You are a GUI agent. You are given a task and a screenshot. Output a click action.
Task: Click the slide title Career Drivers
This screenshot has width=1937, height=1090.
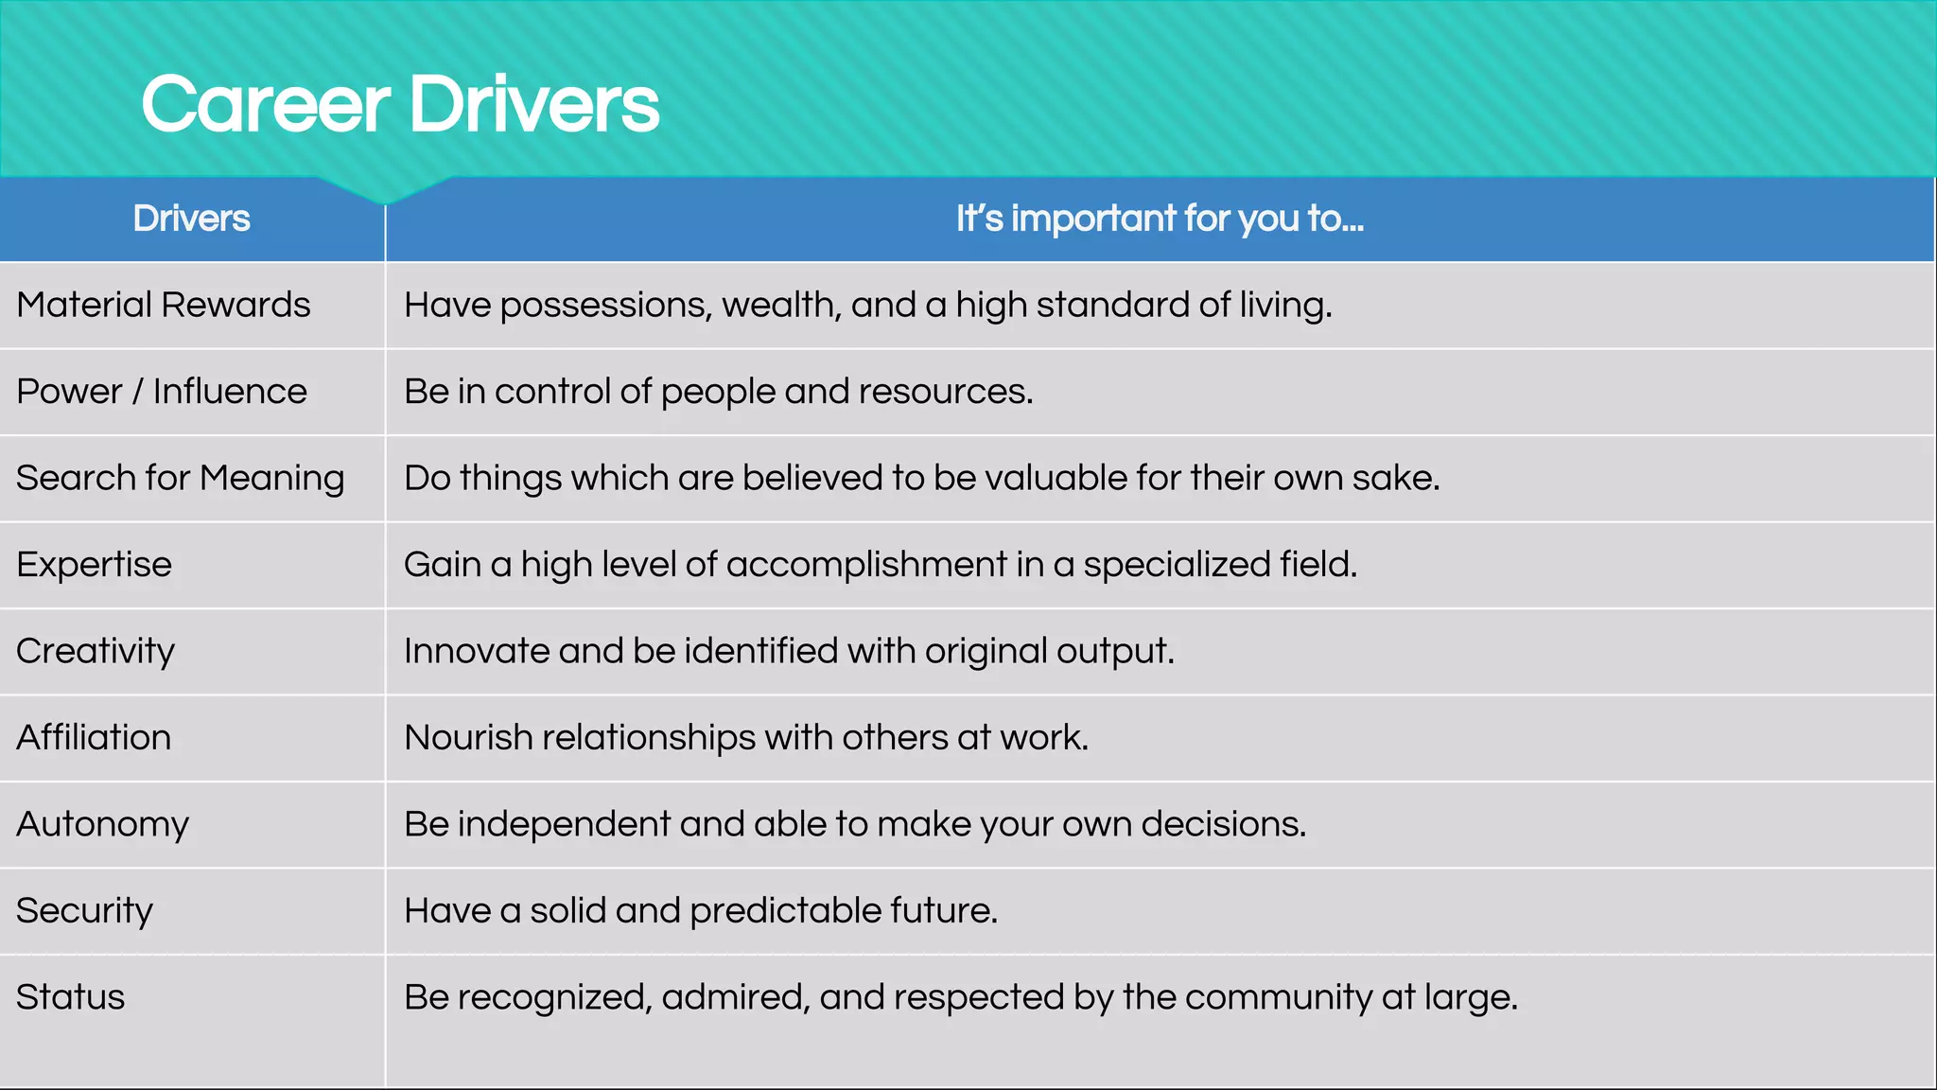[x=400, y=104]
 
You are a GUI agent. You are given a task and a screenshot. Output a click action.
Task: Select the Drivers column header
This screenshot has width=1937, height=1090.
[x=191, y=219]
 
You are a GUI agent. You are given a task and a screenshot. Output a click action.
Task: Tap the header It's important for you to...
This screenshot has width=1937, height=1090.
[x=1160, y=219]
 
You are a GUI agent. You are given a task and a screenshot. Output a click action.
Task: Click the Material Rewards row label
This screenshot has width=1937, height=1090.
[x=163, y=305]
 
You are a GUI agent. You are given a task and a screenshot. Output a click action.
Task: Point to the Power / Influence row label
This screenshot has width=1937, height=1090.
[x=162, y=392]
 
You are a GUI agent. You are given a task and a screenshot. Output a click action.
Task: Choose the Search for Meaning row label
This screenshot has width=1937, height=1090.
[x=180, y=478]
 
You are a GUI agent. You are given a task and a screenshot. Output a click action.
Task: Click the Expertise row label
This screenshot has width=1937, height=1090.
[x=94, y=565]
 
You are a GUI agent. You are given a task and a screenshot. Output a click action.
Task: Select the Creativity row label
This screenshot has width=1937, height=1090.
[x=96, y=651]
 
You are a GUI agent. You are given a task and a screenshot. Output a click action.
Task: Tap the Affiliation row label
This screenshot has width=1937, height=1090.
[x=94, y=737]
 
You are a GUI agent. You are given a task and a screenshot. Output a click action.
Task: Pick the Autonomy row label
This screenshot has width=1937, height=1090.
[x=102, y=824]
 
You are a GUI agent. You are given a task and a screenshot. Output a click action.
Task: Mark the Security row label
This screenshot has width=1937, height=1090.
[x=84, y=910]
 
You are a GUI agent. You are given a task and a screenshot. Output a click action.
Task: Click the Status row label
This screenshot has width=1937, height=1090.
[x=70, y=997]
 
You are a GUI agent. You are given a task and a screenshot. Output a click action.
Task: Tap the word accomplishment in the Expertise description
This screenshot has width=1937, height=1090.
[x=866, y=565]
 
